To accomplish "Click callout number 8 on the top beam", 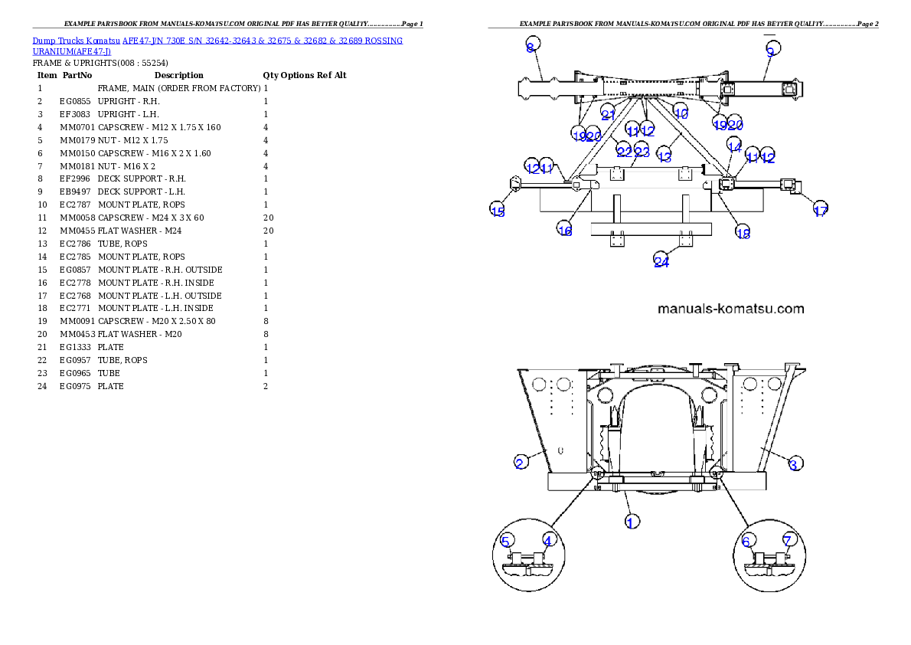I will coord(531,47).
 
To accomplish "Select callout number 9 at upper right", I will coord(771,50).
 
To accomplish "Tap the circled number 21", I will coord(608,115).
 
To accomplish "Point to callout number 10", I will coord(681,113).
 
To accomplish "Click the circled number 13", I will coord(664,156).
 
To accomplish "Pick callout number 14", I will coord(734,146).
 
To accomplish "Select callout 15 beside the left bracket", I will coord(498,211).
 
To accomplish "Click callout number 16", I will coord(565,230).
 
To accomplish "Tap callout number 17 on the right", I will coord(820,211).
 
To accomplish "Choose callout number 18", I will coord(743,233).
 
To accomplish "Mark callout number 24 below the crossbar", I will coord(661,262).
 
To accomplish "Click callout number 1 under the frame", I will coord(632,522).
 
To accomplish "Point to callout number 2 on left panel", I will coord(520,462).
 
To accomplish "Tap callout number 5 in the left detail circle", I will coord(505,541).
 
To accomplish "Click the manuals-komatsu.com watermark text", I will coord(731,309).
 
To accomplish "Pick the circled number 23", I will coord(642,152).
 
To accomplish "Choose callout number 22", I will coord(624,152).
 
